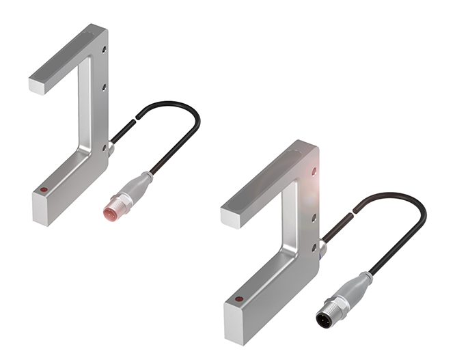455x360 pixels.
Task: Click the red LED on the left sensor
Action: [x=44, y=189]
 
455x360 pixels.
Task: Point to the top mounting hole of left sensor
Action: [x=103, y=49]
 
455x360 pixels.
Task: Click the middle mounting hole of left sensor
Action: [x=102, y=87]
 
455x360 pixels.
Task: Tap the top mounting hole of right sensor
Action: [x=314, y=171]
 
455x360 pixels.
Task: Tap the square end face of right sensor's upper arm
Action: [x=233, y=218]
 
